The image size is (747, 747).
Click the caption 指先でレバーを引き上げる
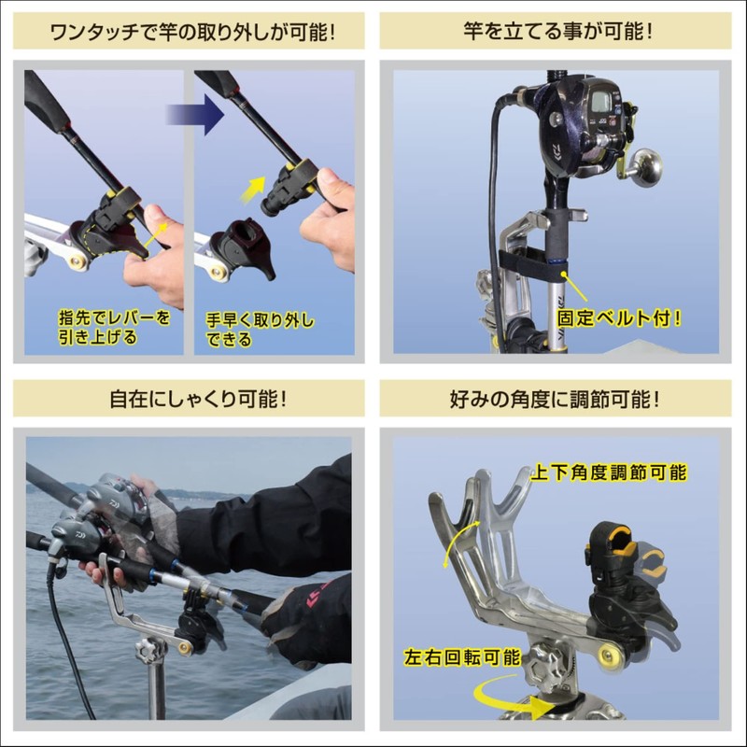point(109,327)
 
